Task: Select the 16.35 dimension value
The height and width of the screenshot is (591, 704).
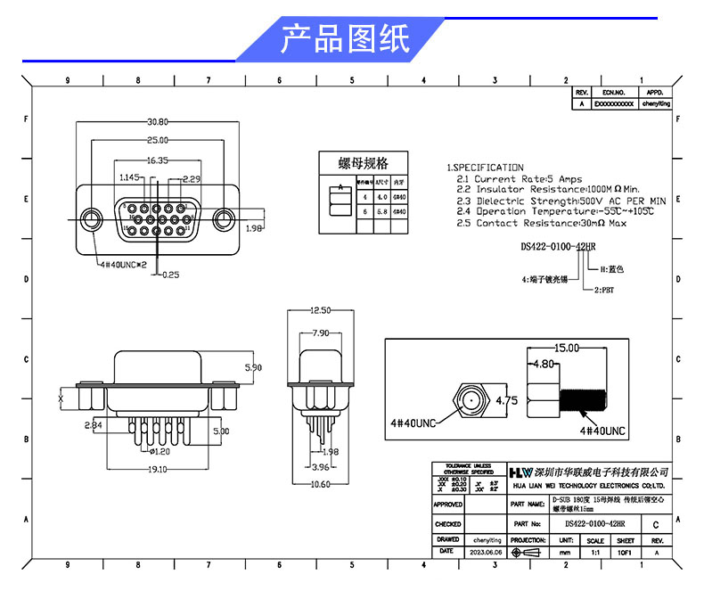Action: click(x=158, y=160)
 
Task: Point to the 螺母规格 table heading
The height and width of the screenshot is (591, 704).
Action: click(x=364, y=163)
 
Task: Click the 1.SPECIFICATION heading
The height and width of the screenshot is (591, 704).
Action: click(x=486, y=168)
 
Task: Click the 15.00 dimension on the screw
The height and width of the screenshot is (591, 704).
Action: click(x=568, y=349)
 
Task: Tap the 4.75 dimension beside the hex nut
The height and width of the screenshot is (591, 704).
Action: click(x=506, y=399)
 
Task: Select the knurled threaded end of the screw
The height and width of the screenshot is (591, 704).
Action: click(x=586, y=398)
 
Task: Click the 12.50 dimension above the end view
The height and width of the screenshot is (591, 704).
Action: click(x=320, y=311)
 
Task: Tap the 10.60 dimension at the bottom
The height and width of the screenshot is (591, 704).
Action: click(x=320, y=485)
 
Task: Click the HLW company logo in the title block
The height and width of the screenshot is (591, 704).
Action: click(x=520, y=472)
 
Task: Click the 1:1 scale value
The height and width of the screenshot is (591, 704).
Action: click(x=595, y=553)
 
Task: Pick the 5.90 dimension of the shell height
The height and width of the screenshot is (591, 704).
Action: click(x=253, y=367)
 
